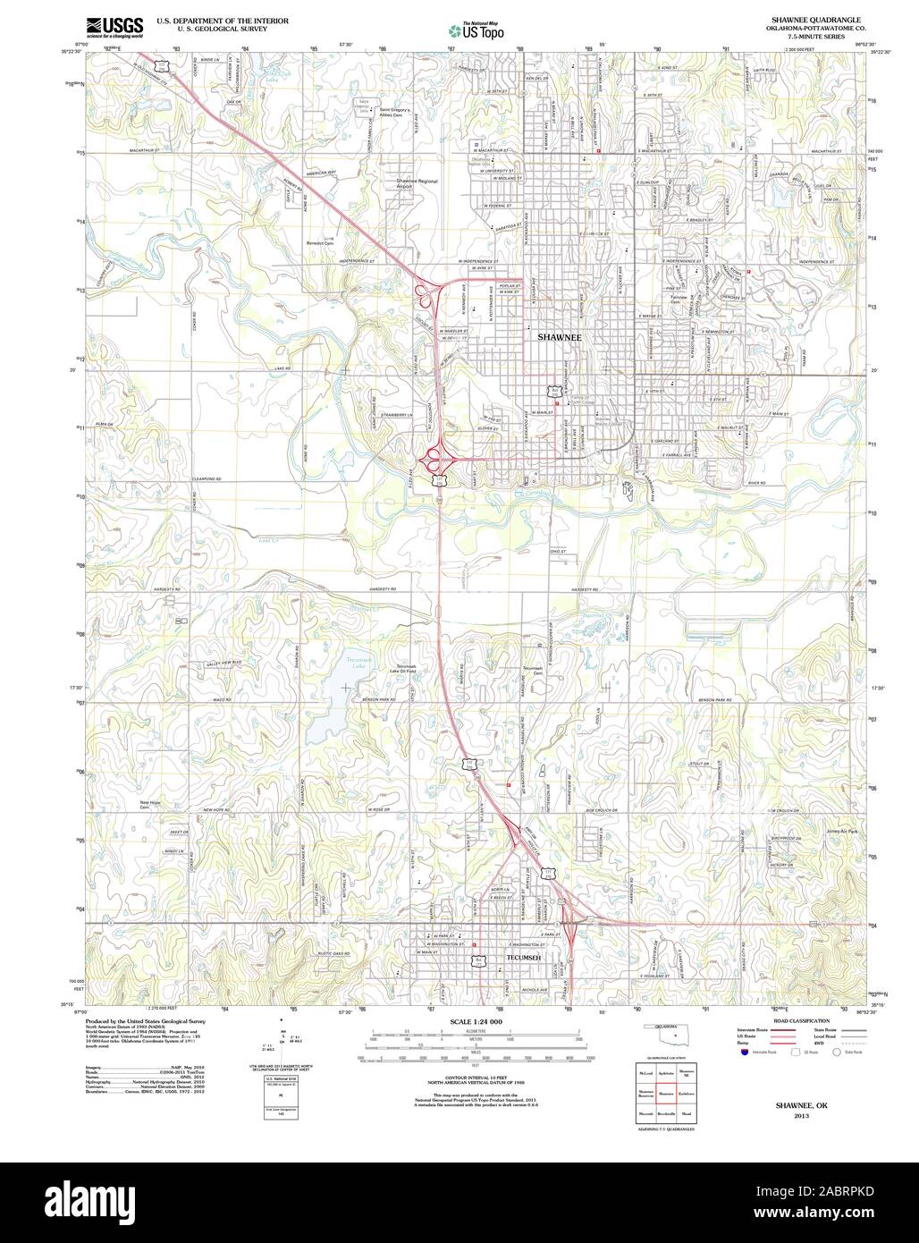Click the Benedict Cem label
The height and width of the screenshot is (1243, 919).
[x=319, y=241]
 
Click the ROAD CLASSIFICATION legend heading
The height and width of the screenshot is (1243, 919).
[x=788, y=1019]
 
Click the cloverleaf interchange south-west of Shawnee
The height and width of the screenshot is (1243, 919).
[x=438, y=460]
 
